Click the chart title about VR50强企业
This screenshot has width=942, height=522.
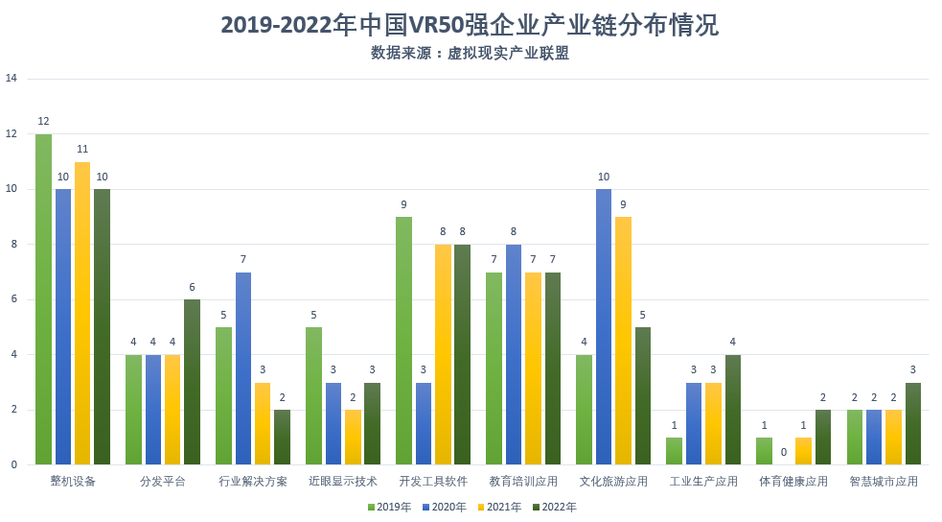[470, 25]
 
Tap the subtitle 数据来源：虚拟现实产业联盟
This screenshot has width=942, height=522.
[470, 54]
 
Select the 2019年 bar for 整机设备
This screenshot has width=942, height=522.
[43, 299]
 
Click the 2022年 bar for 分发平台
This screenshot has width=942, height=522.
[193, 382]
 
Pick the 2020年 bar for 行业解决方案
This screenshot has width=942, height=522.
[244, 368]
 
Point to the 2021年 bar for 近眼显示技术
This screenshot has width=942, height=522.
[354, 438]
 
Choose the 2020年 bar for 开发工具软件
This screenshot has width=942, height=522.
[425, 423]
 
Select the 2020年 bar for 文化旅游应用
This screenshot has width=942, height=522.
[605, 327]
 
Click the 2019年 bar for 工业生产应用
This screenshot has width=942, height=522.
[675, 451]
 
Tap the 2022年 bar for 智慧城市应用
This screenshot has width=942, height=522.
[914, 423]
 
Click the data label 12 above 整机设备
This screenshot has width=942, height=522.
[43, 122]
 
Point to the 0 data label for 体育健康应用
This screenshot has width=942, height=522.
[785, 452]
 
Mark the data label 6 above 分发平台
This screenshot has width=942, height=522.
[193, 287]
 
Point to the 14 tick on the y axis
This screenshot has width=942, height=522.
[11, 79]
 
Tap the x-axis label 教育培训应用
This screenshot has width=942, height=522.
[523, 481]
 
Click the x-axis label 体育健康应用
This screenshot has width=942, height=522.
[793, 481]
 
